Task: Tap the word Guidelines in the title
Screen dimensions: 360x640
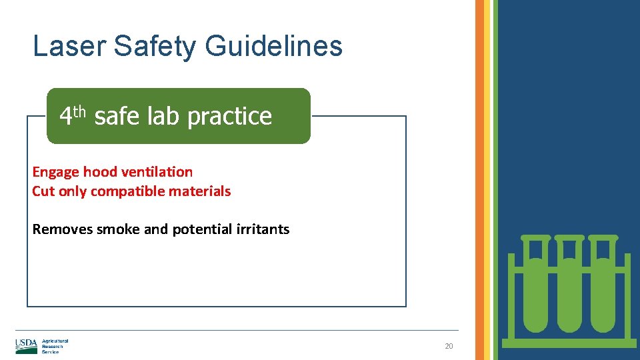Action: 274,47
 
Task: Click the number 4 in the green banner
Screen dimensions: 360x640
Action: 65,117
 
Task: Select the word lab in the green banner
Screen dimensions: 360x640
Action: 164,117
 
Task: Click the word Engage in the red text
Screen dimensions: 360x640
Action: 56,172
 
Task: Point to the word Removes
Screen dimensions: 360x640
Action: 63,229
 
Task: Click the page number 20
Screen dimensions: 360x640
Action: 449,347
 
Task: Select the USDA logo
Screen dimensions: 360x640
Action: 27,346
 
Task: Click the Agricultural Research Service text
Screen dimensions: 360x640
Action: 55,346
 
